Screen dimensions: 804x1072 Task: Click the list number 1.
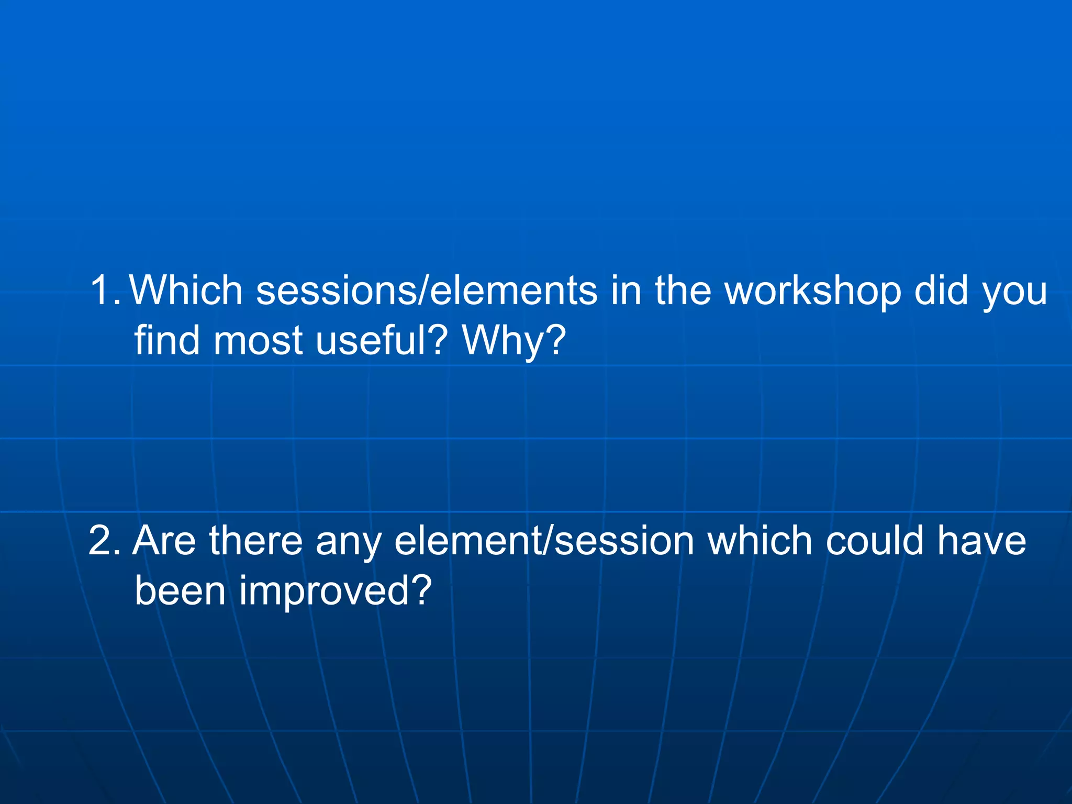105,291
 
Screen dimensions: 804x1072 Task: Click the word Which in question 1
186,291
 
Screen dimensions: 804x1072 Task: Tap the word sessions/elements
427,291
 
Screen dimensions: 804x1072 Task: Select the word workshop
812,291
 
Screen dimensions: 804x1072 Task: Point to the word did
941,291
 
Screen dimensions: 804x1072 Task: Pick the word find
167,340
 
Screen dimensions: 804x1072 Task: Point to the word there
256,541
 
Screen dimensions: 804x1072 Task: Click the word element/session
544,541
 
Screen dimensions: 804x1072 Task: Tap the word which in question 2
760,541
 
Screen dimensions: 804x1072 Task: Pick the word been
180,590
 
